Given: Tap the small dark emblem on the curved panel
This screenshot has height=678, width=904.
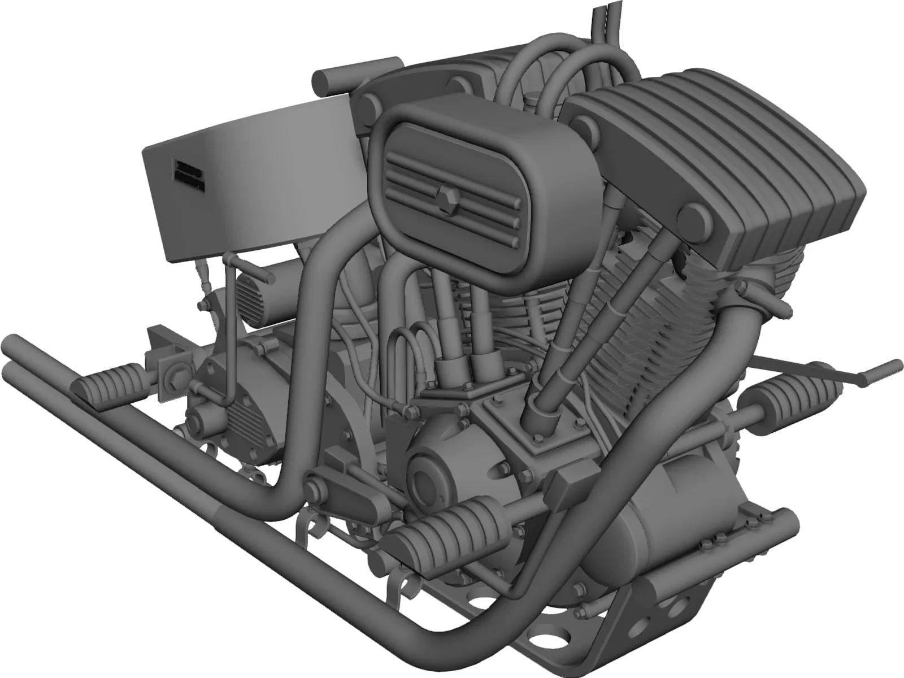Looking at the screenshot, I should coord(188,172).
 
